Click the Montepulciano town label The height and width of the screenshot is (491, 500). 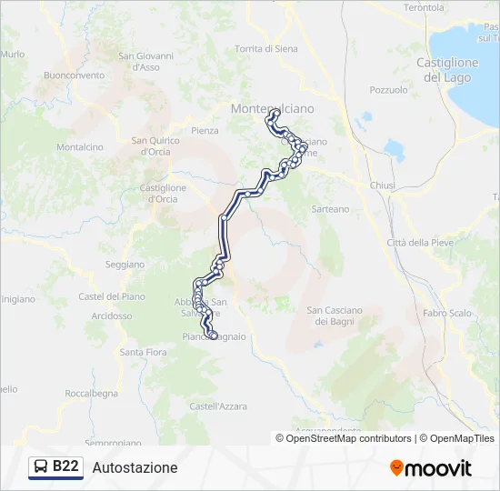(273, 108)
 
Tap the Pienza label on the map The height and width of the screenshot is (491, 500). (205, 130)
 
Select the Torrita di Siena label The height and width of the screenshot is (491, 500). (265, 49)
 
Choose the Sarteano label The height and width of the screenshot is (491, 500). (330, 208)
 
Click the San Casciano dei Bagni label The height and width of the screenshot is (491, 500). (334, 316)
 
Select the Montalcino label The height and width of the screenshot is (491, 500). (80, 146)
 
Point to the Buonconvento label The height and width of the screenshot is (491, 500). (74, 75)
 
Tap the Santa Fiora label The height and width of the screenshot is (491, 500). (144, 351)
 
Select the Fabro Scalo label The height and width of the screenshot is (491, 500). (447, 313)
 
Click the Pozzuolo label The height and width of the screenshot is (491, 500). (389, 90)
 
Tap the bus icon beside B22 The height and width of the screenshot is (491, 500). (42, 467)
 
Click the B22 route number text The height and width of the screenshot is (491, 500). (65, 467)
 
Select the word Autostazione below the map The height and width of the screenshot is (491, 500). (135, 467)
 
